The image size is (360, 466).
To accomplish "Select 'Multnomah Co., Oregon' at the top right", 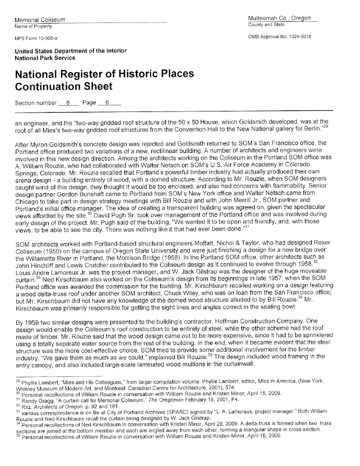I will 279,18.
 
